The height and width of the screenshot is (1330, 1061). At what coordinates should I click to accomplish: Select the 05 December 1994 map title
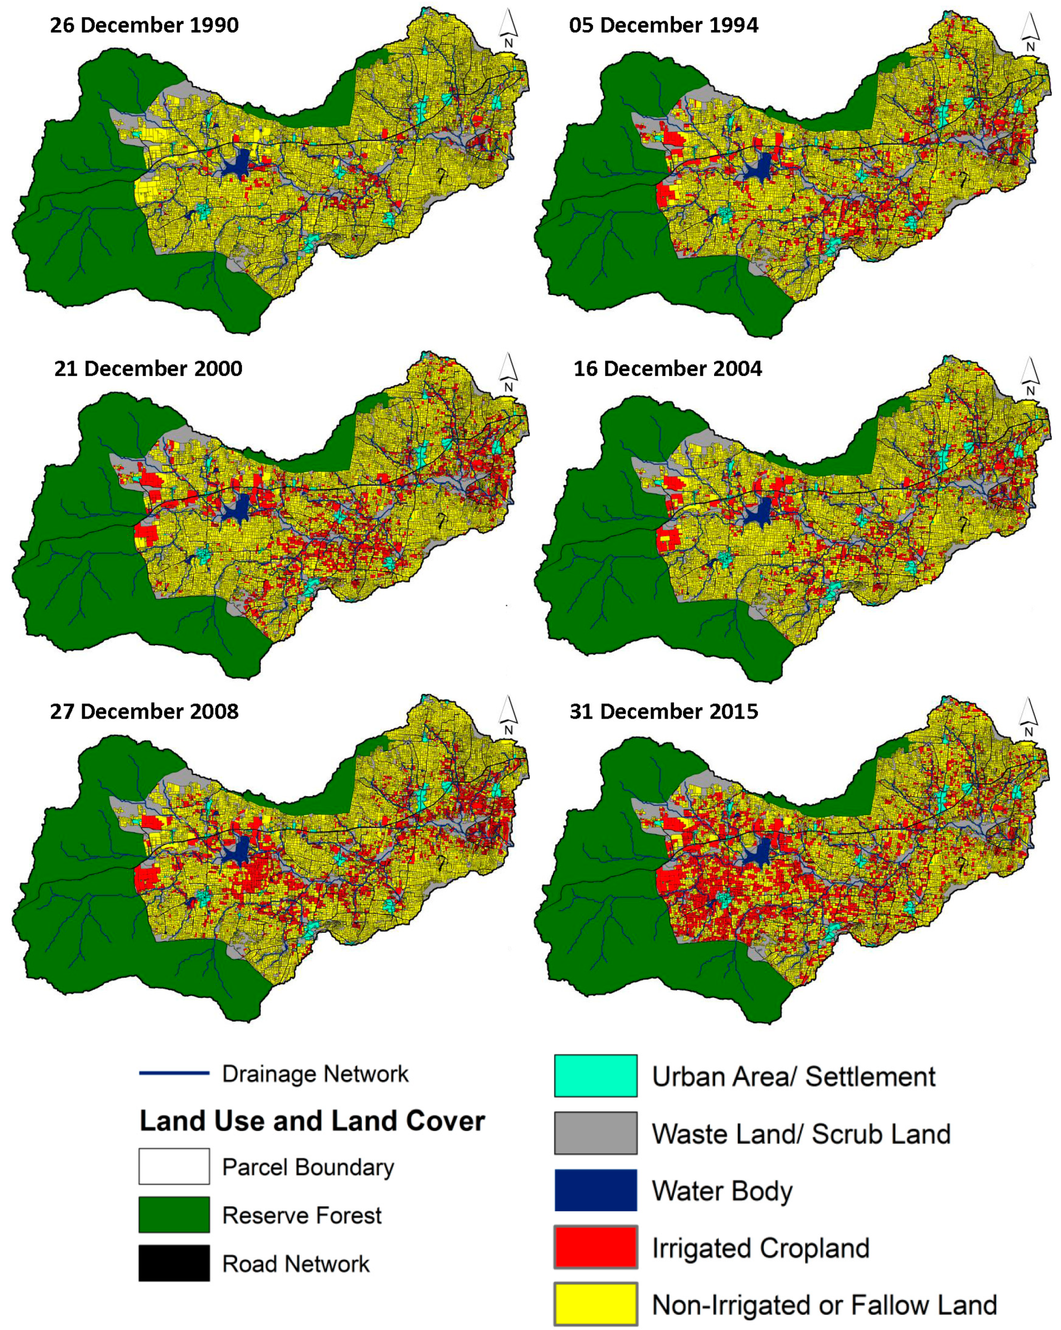[663, 25]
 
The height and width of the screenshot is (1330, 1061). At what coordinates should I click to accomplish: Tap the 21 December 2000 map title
[148, 368]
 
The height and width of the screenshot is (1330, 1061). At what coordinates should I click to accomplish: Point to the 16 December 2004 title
[668, 368]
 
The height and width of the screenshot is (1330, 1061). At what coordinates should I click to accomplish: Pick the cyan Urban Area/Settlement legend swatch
[595, 1076]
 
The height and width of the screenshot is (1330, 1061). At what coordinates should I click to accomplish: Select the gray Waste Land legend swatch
[595, 1133]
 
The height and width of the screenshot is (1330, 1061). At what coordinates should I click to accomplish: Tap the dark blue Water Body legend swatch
[595, 1190]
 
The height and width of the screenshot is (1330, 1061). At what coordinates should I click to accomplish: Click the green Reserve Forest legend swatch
[174, 1215]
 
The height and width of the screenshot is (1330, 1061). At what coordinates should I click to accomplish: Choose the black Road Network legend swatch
[174, 1264]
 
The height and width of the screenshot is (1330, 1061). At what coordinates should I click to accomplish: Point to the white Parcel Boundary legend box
[174, 1167]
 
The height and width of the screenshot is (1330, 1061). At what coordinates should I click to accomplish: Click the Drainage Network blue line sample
[174, 1074]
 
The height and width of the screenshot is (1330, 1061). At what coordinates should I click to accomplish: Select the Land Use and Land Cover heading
[312, 1121]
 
